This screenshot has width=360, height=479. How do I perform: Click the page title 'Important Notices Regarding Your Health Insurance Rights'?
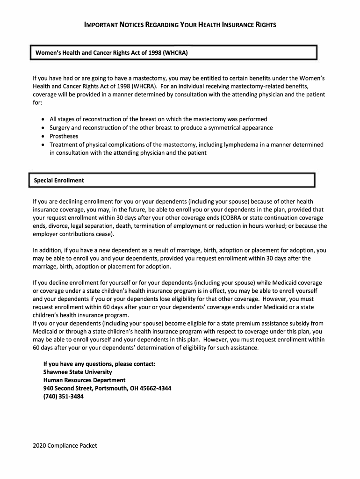[x=180, y=24]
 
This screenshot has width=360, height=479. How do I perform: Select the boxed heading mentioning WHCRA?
[x=112, y=53]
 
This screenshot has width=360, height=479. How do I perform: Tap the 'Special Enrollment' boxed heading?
[x=59, y=180]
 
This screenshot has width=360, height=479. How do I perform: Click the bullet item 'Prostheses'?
[x=65, y=136]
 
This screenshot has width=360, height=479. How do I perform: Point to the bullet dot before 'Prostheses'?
[x=43, y=136]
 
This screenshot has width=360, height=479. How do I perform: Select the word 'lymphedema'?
[x=257, y=145]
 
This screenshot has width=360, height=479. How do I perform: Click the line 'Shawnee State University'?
[x=78, y=372]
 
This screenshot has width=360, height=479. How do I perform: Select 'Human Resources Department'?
[x=84, y=380]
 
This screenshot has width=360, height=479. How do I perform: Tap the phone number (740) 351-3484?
[x=64, y=397]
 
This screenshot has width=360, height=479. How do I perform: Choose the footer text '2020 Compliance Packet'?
[x=65, y=445]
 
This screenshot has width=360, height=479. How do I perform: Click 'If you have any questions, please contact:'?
[x=99, y=363]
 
